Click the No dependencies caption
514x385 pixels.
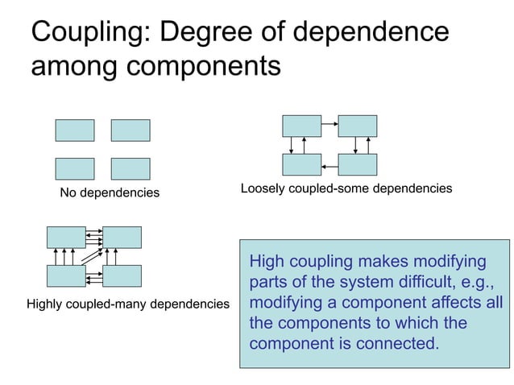(110, 193)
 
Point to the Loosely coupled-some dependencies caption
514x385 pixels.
(346, 188)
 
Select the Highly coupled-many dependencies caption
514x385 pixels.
(128, 304)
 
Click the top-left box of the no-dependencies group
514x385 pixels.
(75, 130)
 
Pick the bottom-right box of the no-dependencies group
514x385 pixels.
(131, 168)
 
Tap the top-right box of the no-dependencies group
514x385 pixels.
(131, 130)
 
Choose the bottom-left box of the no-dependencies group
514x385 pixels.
(75, 168)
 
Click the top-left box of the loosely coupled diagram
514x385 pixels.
(302, 126)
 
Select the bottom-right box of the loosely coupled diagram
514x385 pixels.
(358, 164)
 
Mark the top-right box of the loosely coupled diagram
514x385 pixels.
(358, 126)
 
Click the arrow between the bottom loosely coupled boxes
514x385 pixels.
(330, 165)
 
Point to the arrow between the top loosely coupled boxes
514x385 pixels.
(330, 126)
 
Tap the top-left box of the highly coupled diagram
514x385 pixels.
(66, 237)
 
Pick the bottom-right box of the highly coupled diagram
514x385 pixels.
(122, 275)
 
